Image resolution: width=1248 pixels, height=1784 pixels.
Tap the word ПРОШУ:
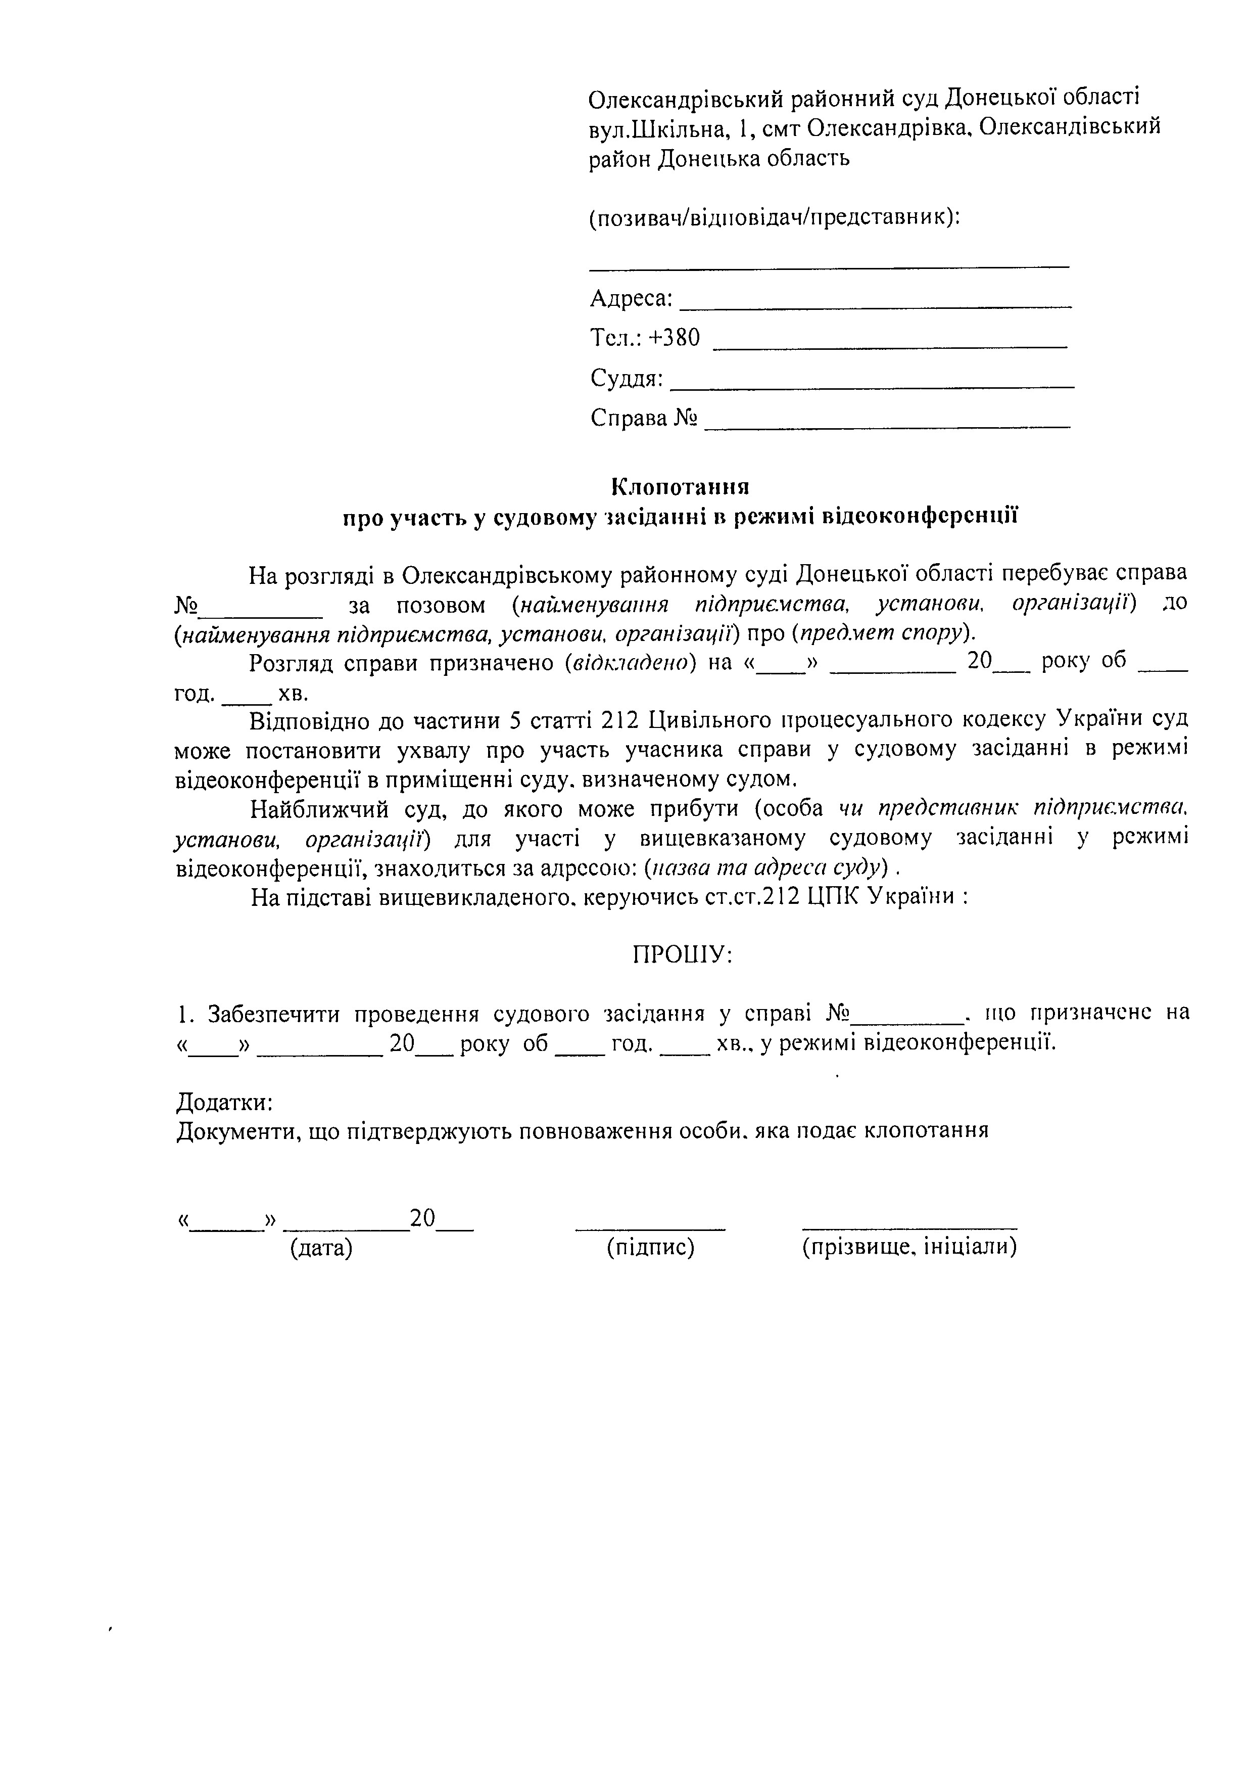click(683, 954)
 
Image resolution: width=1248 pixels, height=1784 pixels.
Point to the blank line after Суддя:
click(872, 385)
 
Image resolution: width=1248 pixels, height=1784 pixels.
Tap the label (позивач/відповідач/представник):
click(774, 217)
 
